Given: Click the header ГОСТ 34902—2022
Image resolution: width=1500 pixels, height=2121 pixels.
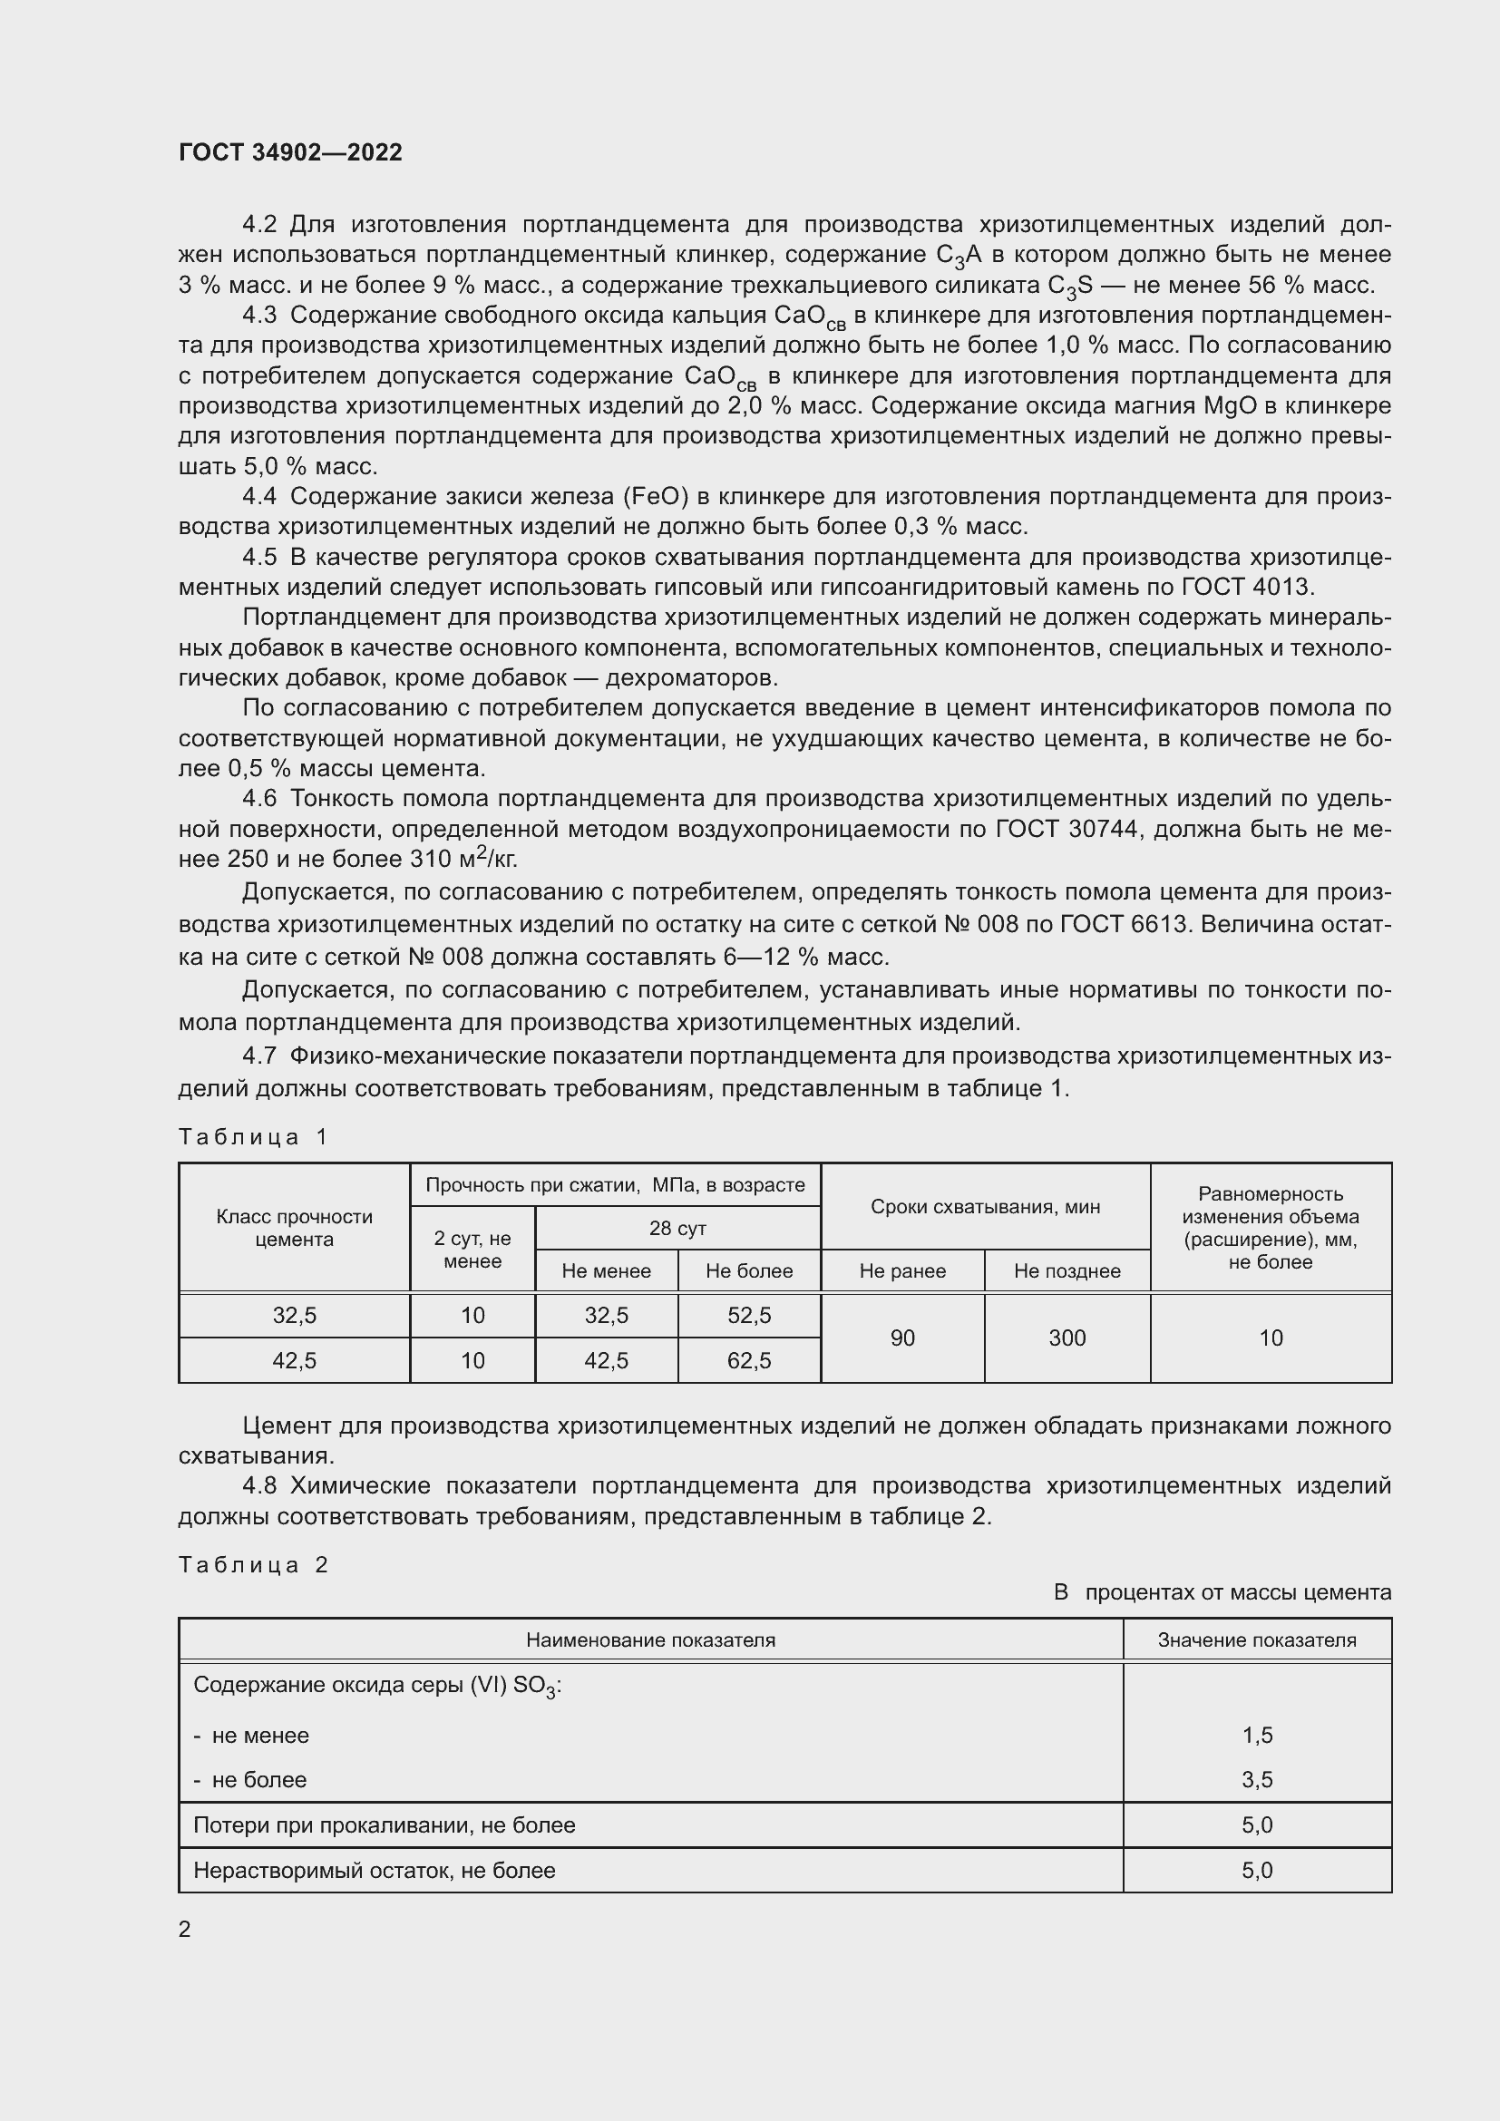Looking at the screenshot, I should coord(290,153).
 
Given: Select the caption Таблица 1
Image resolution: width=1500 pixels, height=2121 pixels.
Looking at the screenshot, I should coord(253,1136).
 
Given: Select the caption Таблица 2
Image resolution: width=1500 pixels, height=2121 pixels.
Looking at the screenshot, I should coord(253,1565).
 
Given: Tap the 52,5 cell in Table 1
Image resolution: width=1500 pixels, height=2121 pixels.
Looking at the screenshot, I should coord(749,1316).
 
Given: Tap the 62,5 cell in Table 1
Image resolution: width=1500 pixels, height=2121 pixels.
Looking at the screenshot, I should coord(749,1361).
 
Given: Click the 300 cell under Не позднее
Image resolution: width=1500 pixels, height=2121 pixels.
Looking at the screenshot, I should coord(1067,1338).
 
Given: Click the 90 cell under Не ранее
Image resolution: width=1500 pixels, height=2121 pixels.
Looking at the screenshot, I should coord(902,1338).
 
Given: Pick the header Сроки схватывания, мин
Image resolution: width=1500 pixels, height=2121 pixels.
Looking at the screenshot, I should coord(985,1206).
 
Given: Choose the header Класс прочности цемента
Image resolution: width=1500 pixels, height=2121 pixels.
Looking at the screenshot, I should coord(294,1228).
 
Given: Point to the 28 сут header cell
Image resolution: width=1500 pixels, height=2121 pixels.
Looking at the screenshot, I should coord(677,1229).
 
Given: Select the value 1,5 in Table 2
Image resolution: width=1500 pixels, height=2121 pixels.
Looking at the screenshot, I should coord(1257,1735).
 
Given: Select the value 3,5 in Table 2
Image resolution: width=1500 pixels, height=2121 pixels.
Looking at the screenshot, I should coord(1257,1779).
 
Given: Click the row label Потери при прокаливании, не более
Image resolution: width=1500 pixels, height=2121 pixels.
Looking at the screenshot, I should coord(384,1824).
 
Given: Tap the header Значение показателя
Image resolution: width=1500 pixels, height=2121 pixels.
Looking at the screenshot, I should coord(1257,1639).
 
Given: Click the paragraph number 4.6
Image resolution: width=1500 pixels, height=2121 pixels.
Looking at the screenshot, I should coord(259,799).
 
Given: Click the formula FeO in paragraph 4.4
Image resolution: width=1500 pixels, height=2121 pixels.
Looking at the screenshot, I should coord(657,497).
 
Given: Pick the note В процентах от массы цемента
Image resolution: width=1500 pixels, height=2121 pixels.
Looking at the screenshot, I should coord(1222,1592).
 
